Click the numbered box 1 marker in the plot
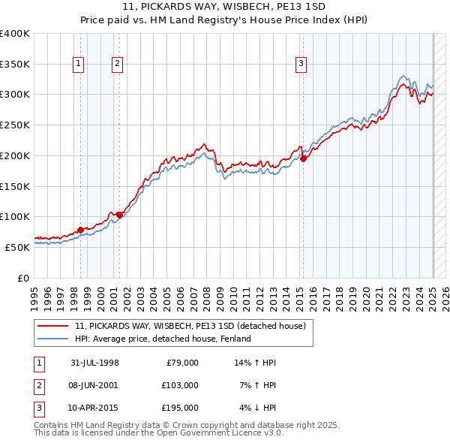pyautogui.click(x=78, y=65)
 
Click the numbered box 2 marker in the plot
pyautogui.click(x=118, y=65)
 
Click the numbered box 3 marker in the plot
pyautogui.click(x=301, y=65)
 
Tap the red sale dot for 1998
pyautogui.click(x=81, y=230)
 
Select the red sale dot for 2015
pyautogui.click(x=303, y=158)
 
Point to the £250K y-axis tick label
pyautogui.click(x=15, y=125)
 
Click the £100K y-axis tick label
pyautogui.click(x=15, y=216)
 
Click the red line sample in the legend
pyautogui.click(x=53, y=327)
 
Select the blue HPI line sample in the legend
pyautogui.click(x=53, y=339)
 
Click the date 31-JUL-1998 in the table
pyautogui.click(x=94, y=363)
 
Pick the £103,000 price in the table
pyautogui.click(x=180, y=385)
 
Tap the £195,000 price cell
pyautogui.click(x=180, y=408)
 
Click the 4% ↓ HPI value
pyautogui.click(x=258, y=408)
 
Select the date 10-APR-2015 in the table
pyautogui.click(x=94, y=408)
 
